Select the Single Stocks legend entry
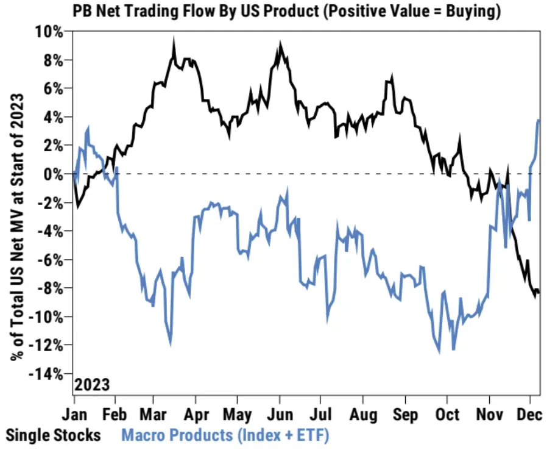tap(53, 435)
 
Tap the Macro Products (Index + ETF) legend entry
tap(225, 435)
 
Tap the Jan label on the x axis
tap(76, 415)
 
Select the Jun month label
tap(280, 415)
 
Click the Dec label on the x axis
tap(530, 415)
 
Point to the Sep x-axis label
tap(405, 415)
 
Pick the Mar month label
tap(154, 415)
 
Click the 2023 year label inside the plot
tap(92, 385)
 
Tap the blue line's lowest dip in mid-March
tap(170, 345)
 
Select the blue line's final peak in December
tap(539, 120)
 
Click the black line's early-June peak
tap(280, 45)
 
